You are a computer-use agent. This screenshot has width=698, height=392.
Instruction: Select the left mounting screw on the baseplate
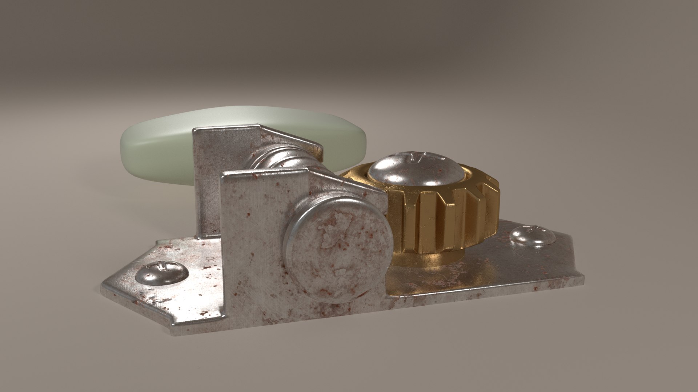pos(162,273)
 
